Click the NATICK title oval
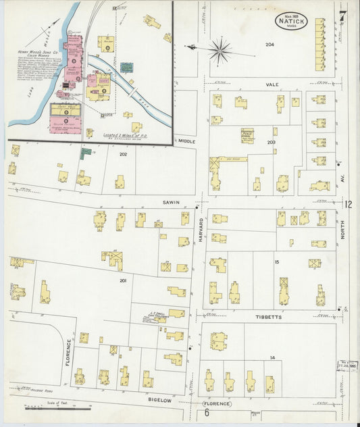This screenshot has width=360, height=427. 291,21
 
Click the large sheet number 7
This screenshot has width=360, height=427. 343,15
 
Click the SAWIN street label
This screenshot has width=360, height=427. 170,201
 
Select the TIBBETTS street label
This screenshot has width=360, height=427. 269,315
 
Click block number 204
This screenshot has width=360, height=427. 270,45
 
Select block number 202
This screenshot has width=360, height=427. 123,155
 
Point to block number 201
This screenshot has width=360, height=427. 123,280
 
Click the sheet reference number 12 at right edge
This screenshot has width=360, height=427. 348,204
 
